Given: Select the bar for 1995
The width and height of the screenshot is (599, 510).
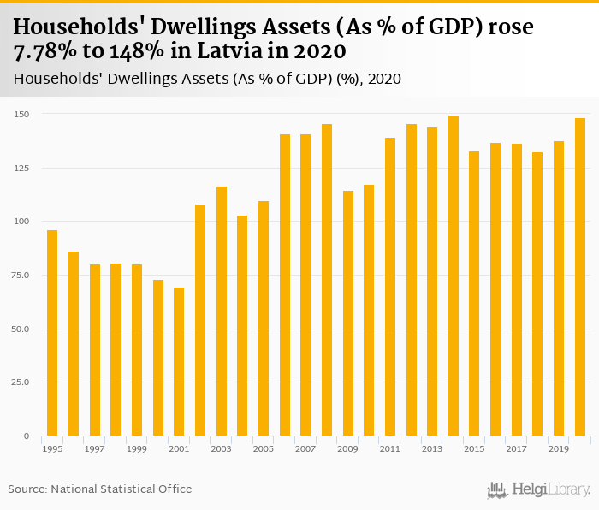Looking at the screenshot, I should (52, 333).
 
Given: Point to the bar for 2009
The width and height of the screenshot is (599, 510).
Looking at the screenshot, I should (348, 313).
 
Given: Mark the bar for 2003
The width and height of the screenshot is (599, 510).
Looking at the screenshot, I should (222, 311).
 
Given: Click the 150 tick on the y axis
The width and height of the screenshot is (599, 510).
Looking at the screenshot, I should (22, 114).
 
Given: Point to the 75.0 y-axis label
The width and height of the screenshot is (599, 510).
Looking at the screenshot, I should (21, 275).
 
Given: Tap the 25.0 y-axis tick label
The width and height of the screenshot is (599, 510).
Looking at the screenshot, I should (21, 382).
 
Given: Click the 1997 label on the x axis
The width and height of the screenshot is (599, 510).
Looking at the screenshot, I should (95, 448).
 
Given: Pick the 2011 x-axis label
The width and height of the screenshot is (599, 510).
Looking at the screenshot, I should (390, 448).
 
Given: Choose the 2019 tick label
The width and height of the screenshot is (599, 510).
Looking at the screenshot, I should (559, 448).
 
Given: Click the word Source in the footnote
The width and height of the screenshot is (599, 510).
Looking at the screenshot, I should (27, 489).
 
